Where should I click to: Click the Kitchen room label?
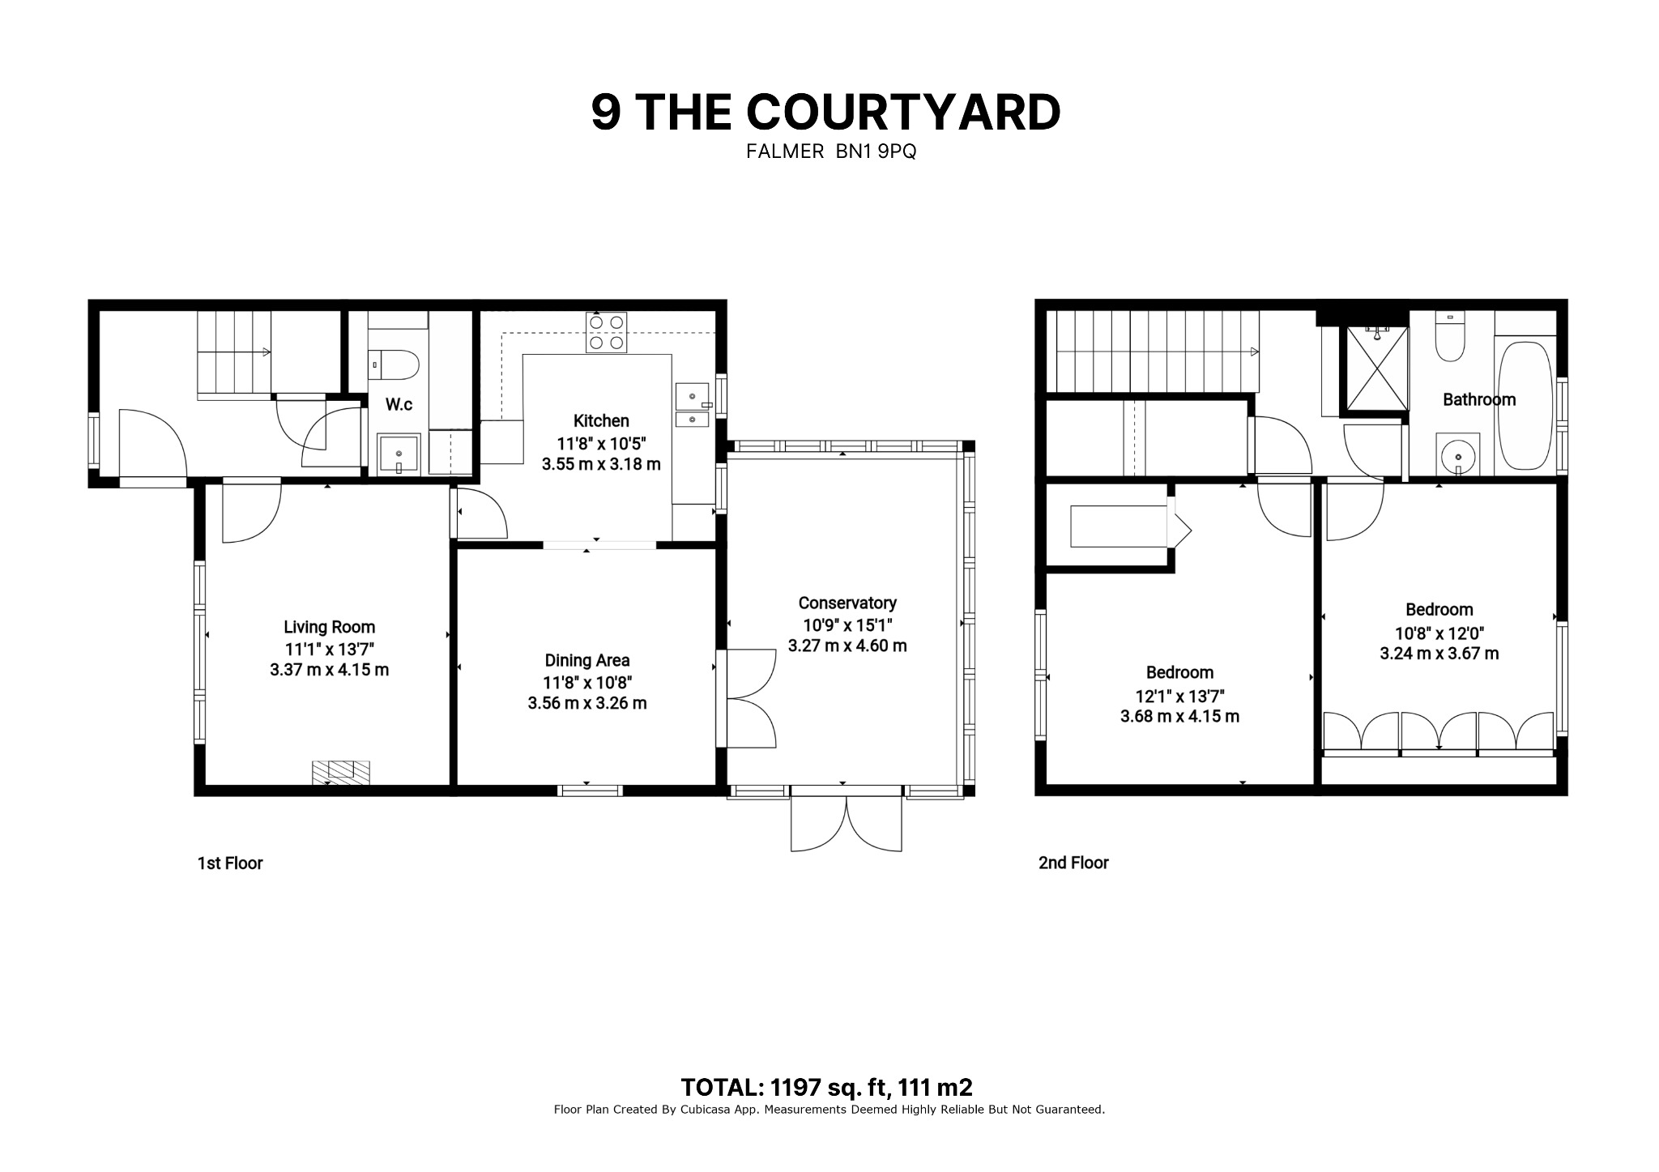point(601,421)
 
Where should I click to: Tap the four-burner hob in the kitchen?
point(607,332)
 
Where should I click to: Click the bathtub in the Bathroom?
point(1525,406)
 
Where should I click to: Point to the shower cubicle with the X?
point(1376,369)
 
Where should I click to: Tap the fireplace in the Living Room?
point(341,772)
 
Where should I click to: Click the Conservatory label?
point(847,603)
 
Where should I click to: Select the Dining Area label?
point(587,661)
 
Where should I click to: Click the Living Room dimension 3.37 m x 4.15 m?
point(330,671)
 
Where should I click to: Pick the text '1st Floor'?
point(230,863)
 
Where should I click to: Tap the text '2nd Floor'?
point(1073,863)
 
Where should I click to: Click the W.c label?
point(399,405)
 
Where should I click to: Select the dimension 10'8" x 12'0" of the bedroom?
point(1439,634)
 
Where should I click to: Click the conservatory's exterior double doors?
point(847,822)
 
